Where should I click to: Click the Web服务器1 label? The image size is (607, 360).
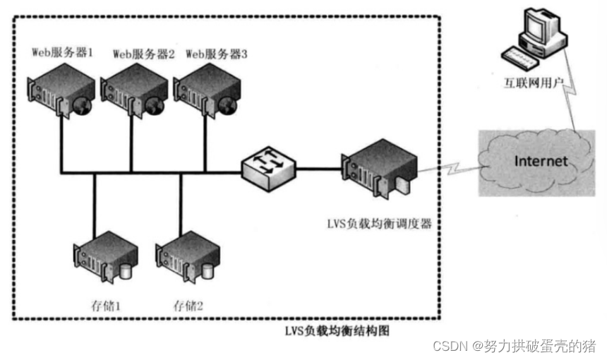pyautogui.click(x=63, y=52)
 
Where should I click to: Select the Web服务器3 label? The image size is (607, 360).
pyautogui.click(x=217, y=54)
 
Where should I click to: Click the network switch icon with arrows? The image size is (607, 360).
pyautogui.click(x=268, y=167)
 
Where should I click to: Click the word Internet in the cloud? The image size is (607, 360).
pyautogui.click(x=541, y=161)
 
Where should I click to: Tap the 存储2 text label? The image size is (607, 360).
pyautogui.click(x=188, y=306)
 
